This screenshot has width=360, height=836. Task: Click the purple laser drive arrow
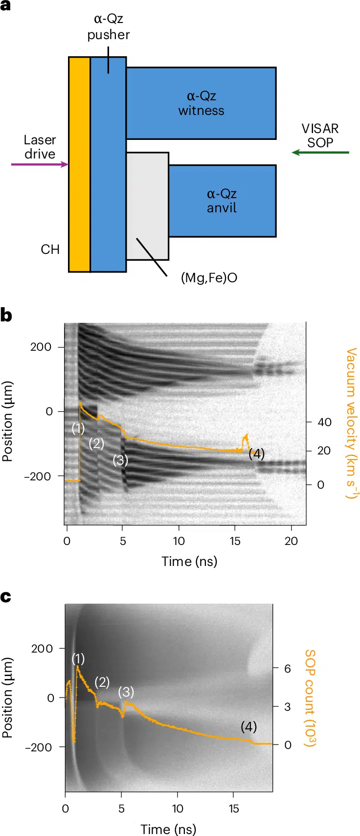click(39, 164)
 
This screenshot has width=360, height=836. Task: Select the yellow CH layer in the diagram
click(79, 164)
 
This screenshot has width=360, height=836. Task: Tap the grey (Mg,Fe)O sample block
click(147, 205)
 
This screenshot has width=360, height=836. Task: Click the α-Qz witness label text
click(201, 103)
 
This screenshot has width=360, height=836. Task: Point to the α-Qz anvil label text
click(222, 201)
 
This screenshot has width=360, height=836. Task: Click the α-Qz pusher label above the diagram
click(109, 27)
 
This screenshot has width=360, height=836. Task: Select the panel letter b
click(6, 316)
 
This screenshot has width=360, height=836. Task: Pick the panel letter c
click(6, 597)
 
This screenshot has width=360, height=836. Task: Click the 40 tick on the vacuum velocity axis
click(324, 422)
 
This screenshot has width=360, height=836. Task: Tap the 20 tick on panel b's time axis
click(291, 541)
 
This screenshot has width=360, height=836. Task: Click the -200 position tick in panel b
click(37, 476)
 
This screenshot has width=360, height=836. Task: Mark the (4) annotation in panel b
click(257, 454)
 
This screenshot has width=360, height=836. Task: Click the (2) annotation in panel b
click(96, 444)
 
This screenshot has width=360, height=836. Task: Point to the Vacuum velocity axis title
click(351, 423)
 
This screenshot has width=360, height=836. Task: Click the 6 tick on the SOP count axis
click(288, 669)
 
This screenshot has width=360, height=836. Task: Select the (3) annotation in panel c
click(126, 692)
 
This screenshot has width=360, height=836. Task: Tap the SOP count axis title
click(310, 698)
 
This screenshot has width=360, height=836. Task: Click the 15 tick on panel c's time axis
click(234, 809)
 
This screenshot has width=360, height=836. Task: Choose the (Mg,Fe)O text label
click(209, 278)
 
